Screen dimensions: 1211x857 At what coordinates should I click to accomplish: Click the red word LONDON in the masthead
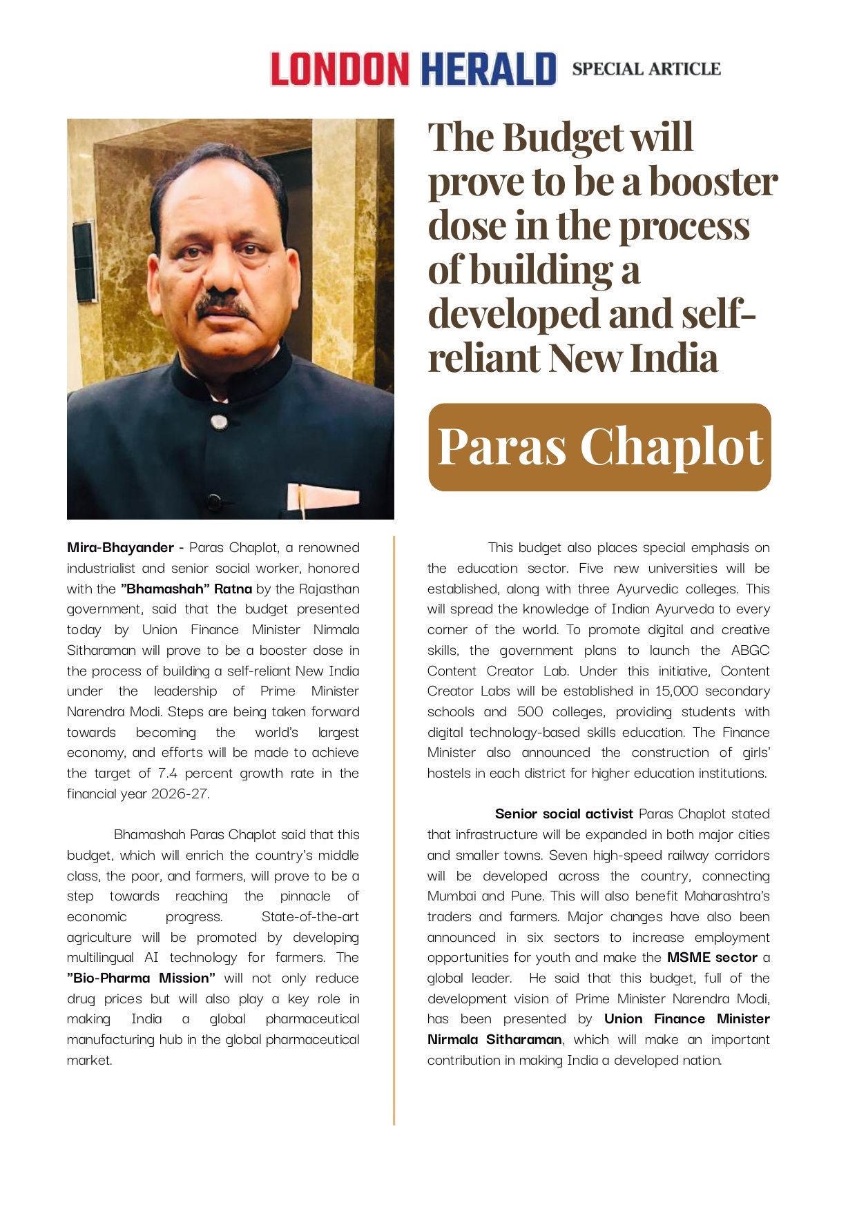[x=339, y=69]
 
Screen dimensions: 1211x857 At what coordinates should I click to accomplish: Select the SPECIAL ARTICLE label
[x=646, y=69]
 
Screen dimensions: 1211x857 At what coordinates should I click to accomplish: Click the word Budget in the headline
[x=563, y=137]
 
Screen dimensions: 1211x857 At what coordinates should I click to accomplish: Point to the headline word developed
[x=514, y=314]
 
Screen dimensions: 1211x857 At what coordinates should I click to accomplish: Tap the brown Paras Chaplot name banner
[x=599, y=447]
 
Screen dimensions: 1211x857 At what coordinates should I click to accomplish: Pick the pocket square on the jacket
[x=324, y=497]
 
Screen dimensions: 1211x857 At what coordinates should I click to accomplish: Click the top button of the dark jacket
[x=218, y=422]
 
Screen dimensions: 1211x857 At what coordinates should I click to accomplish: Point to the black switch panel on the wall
[x=84, y=262]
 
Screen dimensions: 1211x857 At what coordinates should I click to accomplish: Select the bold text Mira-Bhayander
[x=120, y=548]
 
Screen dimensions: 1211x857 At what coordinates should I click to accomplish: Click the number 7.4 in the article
[x=168, y=774]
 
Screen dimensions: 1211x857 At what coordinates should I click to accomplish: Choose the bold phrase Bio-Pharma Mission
[x=142, y=978]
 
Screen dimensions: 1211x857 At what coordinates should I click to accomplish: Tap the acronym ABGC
[x=750, y=651]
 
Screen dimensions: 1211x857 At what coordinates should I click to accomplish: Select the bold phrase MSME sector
[x=712, y=958]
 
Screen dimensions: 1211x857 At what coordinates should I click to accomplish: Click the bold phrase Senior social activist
[x=564, y=814]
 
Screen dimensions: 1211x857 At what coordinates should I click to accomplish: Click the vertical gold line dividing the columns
[x=394, y=828]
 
